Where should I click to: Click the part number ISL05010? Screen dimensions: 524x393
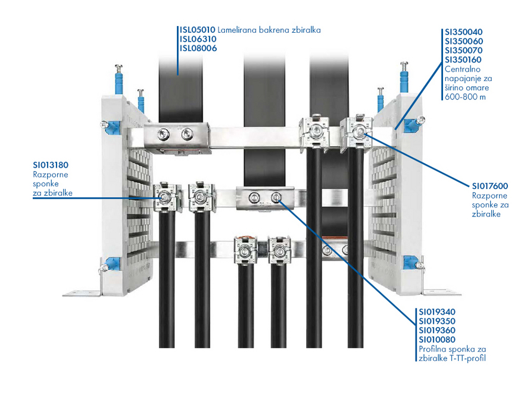198,30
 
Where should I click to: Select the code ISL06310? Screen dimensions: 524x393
198,39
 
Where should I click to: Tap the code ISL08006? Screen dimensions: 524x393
198,48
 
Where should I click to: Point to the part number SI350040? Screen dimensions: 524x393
463,32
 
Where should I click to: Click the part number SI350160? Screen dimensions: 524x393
463,59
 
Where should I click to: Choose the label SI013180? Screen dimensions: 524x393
51,165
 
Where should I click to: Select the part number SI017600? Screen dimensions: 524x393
490,186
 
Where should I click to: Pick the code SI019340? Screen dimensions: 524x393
437,312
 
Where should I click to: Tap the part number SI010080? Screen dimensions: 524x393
437,339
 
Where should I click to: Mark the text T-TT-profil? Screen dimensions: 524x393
468,359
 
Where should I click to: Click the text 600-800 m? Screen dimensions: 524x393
465,97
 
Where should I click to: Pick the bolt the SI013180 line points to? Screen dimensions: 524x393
164,197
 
